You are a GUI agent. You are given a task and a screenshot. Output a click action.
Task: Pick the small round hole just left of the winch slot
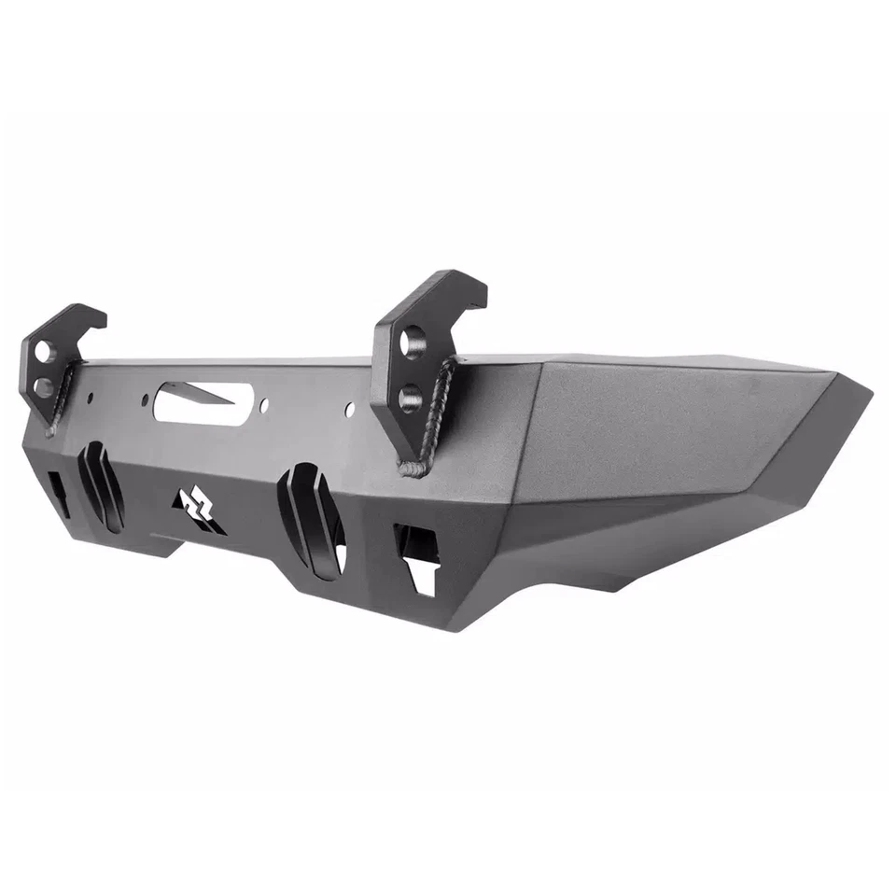[145, 399]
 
